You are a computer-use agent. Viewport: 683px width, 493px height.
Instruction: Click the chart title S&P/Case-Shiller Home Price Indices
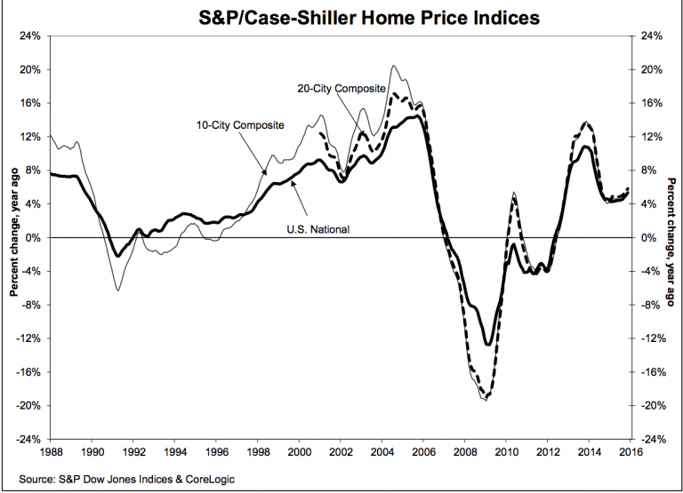point(342,16)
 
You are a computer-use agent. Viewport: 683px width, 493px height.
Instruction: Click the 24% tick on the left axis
point(29,36)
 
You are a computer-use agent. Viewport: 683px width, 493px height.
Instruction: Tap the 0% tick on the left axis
point(33,238)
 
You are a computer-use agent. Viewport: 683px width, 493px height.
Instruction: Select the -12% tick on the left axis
point(28,338)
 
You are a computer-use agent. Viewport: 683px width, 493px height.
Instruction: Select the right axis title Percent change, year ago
point(671,238)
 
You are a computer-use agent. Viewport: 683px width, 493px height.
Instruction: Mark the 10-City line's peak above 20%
point(393,66)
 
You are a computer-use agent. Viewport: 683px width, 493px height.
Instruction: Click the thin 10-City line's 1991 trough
point(117,290)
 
